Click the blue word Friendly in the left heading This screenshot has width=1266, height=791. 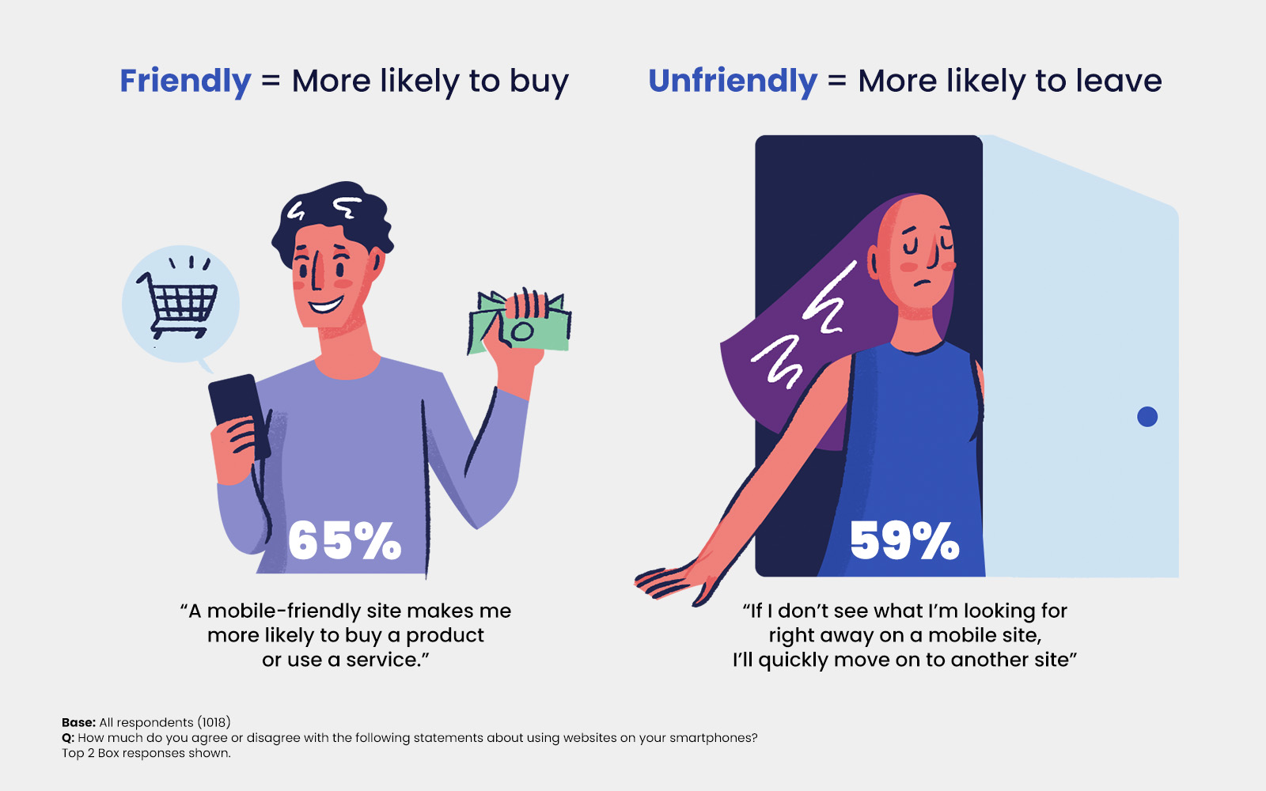pyautogui.click(x=185, y=81)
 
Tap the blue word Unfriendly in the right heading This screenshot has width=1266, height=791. pyautogui.click(x=732, y=81)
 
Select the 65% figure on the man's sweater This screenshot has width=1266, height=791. pyautogui.click(x=344, y=542)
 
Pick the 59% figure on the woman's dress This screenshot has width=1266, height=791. pyautogui.click(x=904, y=542)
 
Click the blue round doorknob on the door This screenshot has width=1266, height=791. pyautogui.click(x=1147, y=417)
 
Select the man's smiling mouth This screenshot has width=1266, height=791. pyautogui.click(x=326, y=305)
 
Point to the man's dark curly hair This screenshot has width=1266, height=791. pyautogui.click(x=332, y=214)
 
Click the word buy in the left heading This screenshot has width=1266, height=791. pyautogui.click(x=539, y=82)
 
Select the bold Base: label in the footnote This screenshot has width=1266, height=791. pyautogui.click(x=78, y=722)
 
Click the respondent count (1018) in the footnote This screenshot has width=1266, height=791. pyautogui.click(x=214, y=722)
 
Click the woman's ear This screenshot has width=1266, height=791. pyautogui.click(x=874, y=261)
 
